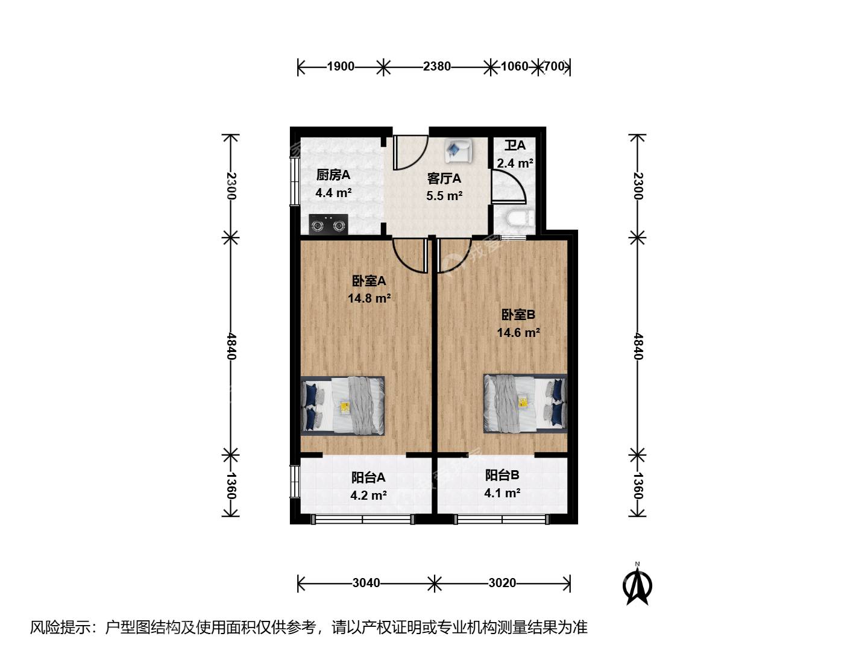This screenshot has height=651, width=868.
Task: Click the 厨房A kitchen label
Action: [333, 175]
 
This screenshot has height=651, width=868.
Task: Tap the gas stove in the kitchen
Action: [329, 225]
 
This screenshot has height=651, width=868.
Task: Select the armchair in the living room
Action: [458, 150]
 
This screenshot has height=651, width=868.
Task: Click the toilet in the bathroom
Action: [520, 218]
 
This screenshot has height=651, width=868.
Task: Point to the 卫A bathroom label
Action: [515, 145]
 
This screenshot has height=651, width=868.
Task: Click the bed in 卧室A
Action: [342, 405]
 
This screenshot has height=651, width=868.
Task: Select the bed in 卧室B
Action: [525, 403]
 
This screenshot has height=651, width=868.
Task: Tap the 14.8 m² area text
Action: [369, 298]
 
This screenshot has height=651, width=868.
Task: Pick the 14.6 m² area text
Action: [518, 332]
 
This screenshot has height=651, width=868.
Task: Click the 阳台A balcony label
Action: [368, 477]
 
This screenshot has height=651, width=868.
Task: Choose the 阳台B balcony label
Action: [502, 475]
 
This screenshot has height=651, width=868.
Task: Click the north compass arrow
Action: [637, 583]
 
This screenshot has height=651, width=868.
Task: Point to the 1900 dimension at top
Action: [341, 66]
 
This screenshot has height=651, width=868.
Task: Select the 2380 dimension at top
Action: [436, 66]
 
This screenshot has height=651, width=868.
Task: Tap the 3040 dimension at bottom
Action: [366, 583]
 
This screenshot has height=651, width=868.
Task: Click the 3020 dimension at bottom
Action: [502, 583]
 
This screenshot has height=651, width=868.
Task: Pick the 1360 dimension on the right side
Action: [638, 486]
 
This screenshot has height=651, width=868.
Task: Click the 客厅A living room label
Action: [444, 178]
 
